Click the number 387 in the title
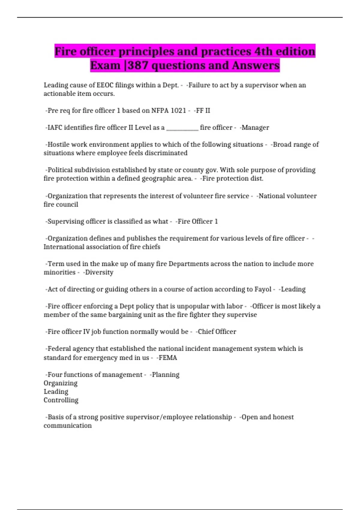point(138,65)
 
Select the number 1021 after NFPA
point(178,111)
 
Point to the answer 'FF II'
point(203,111)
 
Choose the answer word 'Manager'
point(255,128)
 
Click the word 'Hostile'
point(58,145)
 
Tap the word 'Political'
point(60,170)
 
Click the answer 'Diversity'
point(99,272)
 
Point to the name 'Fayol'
point(263,289)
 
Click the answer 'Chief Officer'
point(217,332)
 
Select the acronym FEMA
point(168,358)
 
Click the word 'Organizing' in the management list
point(61,383)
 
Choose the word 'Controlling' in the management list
point(61,400)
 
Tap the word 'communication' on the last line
point(68,426)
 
